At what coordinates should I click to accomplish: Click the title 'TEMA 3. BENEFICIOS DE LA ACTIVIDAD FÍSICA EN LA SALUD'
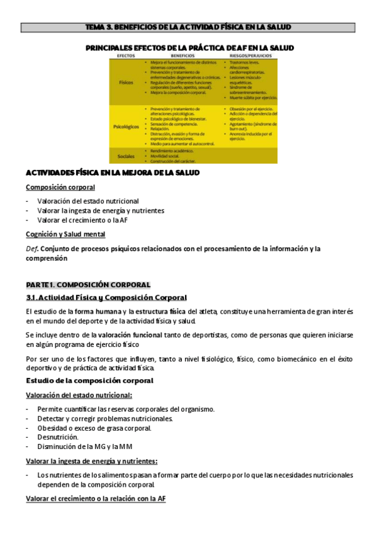(x=188, y=27)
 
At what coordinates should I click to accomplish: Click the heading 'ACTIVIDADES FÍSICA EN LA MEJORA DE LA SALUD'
(x=112, y=173)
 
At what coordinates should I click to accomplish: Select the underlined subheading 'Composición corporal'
(x=60, y=188)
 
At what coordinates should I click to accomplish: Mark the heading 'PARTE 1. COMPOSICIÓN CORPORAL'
(x=88, y=285)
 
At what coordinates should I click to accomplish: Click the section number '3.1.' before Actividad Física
(x=33, y=298)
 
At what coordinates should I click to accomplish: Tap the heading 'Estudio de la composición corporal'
(x=89, y=381)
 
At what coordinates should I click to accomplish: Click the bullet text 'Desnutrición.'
(x=58, y=437)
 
